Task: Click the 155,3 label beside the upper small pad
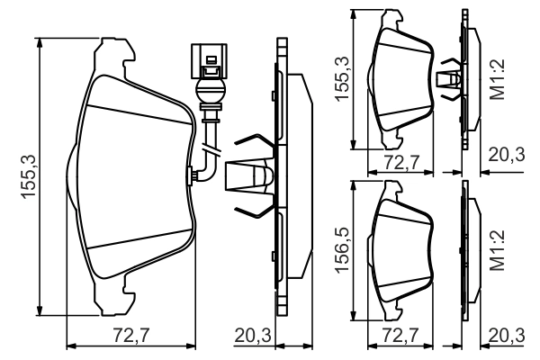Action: [343, 79]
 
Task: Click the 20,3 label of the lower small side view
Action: [505, 336]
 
